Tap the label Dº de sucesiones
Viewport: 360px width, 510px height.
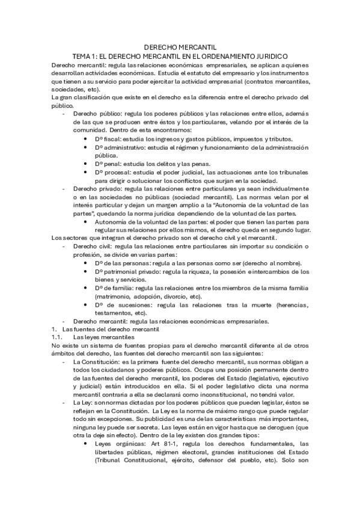click(119, 305)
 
